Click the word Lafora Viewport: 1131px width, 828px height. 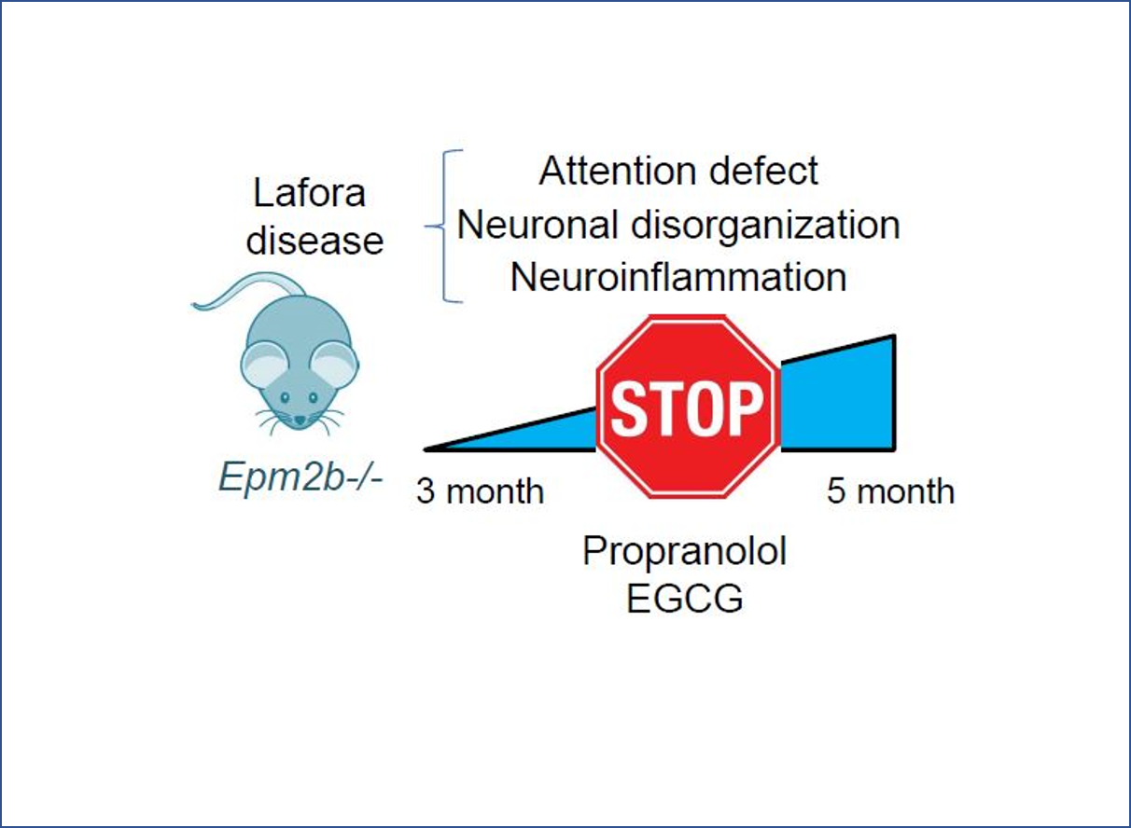309,195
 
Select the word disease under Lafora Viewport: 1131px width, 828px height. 314,241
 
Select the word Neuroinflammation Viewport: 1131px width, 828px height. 678,278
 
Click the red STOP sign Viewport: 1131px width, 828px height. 687,407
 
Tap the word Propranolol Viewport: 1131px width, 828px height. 685,552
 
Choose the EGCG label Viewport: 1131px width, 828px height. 685,599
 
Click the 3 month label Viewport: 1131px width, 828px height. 480,491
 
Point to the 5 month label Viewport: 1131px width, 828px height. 890,491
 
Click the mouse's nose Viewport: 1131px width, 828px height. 299,421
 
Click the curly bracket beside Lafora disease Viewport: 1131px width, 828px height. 446,226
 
